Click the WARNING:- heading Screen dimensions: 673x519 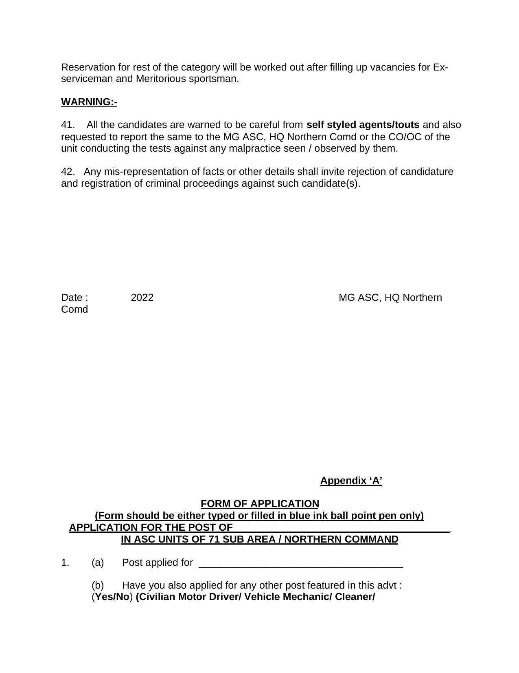click(89, 102)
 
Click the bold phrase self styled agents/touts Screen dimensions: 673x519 click(363, 125)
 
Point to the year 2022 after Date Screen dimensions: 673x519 click(142, 298)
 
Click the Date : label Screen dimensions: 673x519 click(74, 298)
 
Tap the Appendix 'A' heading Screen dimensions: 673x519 click(351, 481)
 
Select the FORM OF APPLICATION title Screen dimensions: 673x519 click(260, 504)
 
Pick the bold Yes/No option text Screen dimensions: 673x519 click(112, 597)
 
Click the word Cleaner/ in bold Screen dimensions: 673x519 click(355, 597)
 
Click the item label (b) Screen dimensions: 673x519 click(98, 585)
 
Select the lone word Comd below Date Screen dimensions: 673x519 click(74, 309)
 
